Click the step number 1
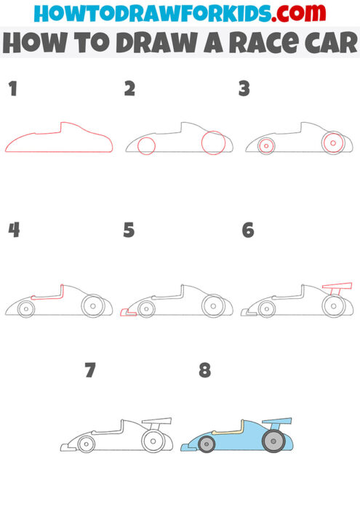tap(12, 89)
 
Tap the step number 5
tap(129, 231)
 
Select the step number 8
tap(204, 371)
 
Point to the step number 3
tap(244, 89)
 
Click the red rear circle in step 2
tap(215, 143)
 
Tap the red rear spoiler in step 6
tap(337, 285)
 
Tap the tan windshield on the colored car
tap(232, 431)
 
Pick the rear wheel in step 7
tap(153, 440)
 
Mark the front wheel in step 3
tap(266, 146)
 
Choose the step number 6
tap(247, 231)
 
